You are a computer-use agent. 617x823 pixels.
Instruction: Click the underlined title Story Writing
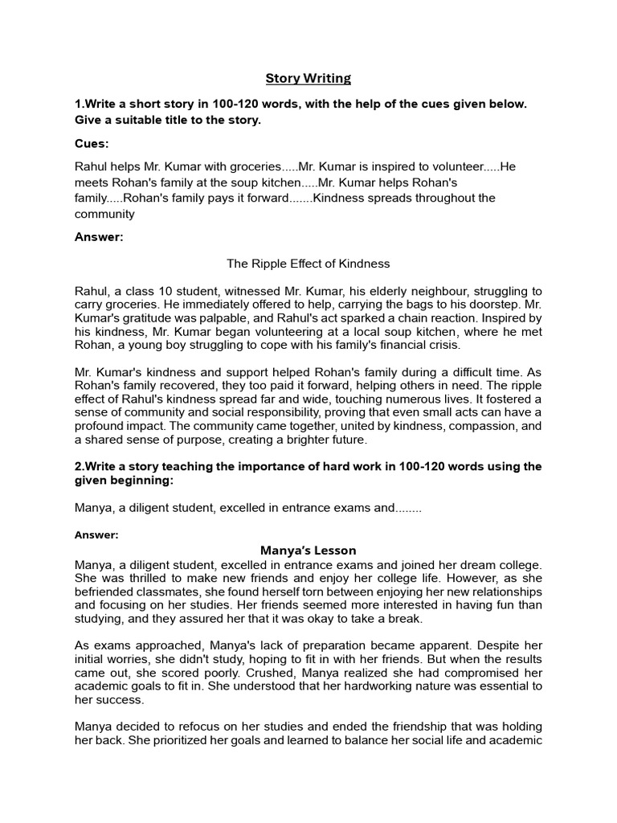[x=308, y=78]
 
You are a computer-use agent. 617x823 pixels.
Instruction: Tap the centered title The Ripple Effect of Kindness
[x=308, y=264]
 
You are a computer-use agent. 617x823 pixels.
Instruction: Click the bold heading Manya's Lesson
[x=308, y=551]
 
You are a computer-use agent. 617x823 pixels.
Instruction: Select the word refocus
[x=212, y=727]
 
